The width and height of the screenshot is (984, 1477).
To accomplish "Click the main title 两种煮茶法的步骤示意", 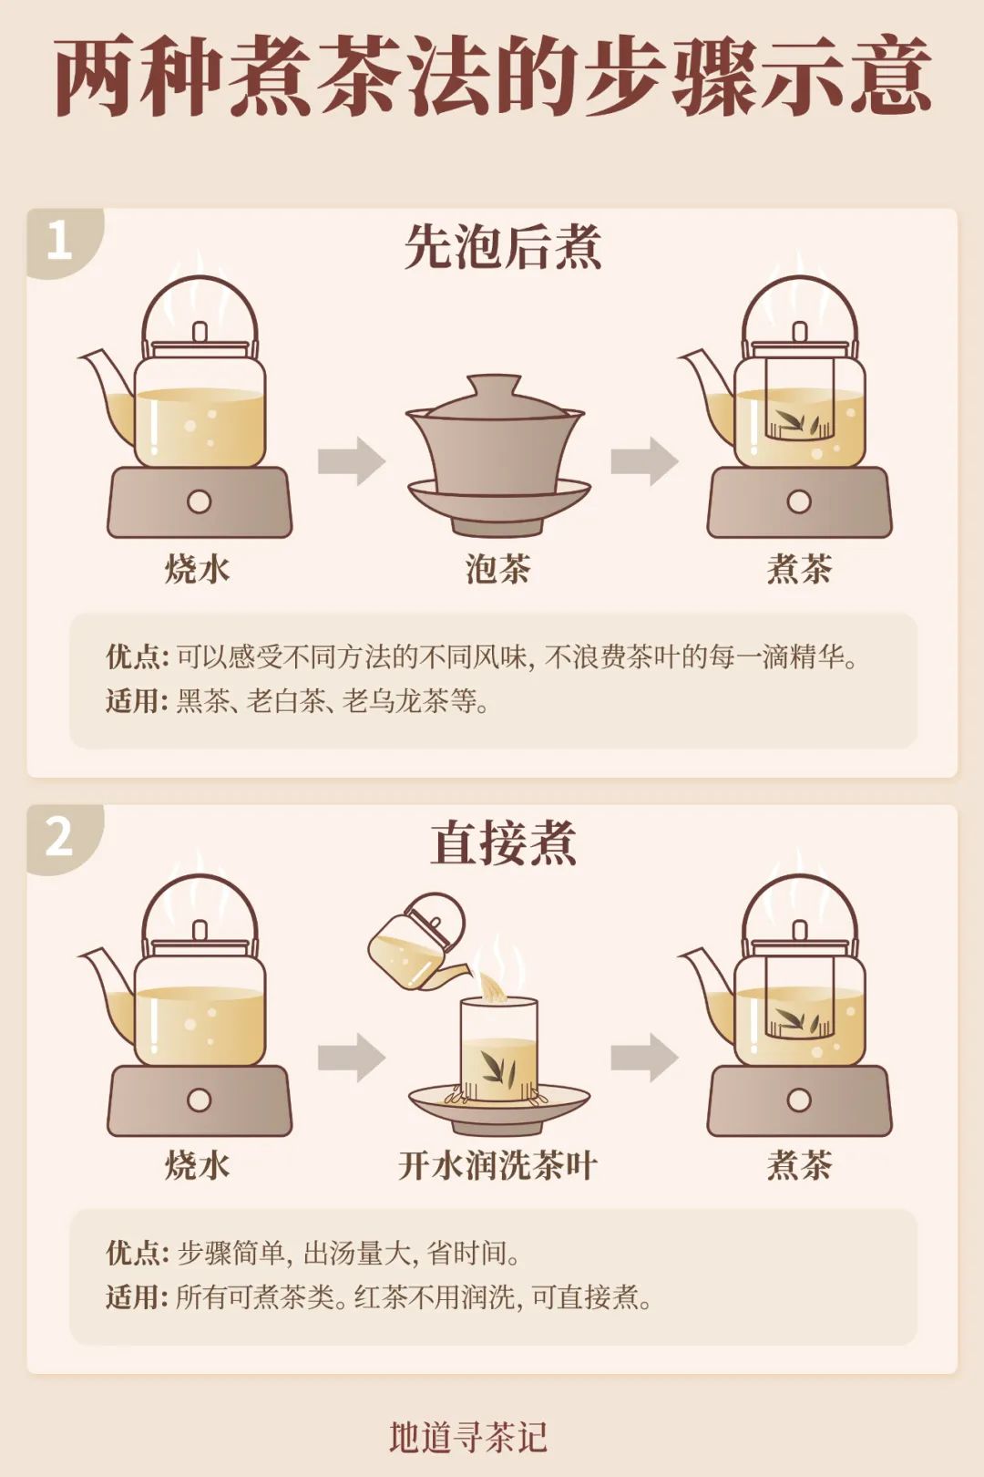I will (x=492, y=77).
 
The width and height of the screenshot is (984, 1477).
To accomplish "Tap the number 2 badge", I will (x=59, y=836).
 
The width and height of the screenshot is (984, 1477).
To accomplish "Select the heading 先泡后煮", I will (x=502, y=247).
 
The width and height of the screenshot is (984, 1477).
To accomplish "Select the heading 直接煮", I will (x=502, y=843).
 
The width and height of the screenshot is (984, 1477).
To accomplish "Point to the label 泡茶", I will (x=497, y=569).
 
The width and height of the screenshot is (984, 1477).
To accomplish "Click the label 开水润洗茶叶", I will (x=497, y=1165).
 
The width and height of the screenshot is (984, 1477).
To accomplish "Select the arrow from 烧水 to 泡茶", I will (x=351, y=460).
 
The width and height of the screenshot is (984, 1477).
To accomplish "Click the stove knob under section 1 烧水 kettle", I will (x=199, y=501).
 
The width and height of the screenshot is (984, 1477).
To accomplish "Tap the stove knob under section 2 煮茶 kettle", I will (x=799, y=1100).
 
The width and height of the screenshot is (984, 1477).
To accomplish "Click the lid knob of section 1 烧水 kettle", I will (x=200, y=331).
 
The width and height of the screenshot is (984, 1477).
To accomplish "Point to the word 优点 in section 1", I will (x=135, y=656).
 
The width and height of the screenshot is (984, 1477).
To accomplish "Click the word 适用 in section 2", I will (x=135, y=1296).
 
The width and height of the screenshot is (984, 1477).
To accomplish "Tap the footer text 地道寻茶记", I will (x=468, y=1437).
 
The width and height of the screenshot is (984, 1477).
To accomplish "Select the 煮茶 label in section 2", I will (x=799, y=1165).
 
